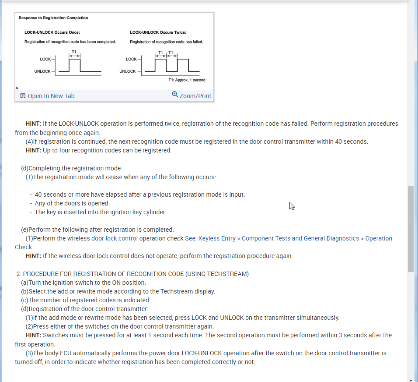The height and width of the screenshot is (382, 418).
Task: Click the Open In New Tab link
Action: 51,96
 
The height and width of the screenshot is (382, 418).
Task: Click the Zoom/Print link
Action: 195,96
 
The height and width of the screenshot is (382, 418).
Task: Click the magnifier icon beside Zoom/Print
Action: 175,95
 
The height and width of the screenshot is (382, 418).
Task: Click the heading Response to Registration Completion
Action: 53,18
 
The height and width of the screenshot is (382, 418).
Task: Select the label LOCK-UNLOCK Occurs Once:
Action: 52,32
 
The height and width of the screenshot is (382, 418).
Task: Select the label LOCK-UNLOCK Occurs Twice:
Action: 158,32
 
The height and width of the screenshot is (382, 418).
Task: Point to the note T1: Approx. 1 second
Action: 187,80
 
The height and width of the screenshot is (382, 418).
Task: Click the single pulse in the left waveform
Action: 75,64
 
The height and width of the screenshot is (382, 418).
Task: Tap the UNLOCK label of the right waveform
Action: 128,71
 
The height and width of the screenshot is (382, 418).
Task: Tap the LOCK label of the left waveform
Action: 45,59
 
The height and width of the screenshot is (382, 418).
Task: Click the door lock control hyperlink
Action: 115,238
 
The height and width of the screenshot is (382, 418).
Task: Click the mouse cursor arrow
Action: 291,205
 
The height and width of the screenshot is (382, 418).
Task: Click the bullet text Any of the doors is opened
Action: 72,203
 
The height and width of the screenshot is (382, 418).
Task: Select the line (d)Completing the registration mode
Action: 72,168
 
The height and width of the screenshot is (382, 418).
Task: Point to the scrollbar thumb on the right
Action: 411,228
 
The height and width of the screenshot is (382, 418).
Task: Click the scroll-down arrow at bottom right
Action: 411,379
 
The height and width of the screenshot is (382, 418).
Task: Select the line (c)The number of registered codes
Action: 86,300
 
